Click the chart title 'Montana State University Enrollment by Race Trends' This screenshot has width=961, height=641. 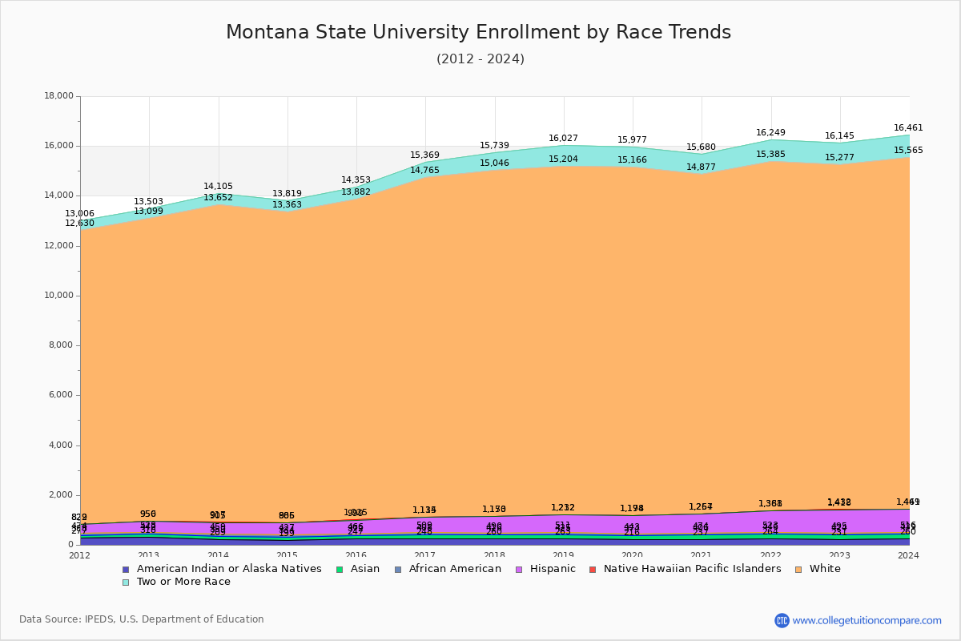tap(478, 33)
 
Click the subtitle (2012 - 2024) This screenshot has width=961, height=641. tap(480, 59)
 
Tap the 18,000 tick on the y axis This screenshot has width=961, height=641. tap(58, 96)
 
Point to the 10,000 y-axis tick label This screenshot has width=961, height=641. tap(58, 296)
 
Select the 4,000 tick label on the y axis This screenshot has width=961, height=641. tap(60, 445)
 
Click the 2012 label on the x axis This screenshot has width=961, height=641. tap(80, 555)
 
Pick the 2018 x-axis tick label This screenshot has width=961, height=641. tap(495, 555)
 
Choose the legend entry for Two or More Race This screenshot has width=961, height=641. tap(183, 582)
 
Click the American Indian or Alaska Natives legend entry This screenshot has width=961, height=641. tap(229, 569)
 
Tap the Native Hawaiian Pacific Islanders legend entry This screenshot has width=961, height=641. tap(692, 569)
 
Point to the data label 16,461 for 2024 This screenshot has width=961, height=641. tap(908, 128)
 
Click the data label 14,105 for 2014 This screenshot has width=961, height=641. tap(218, 187)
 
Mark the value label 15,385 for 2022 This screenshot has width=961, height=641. tap(770, 155)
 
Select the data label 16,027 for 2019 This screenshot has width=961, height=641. tap(563, 139)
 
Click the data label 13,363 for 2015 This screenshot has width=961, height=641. tap(287, 205)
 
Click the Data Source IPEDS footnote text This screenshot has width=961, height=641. tap(142, 619)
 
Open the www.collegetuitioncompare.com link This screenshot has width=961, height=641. tap(867, 620)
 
